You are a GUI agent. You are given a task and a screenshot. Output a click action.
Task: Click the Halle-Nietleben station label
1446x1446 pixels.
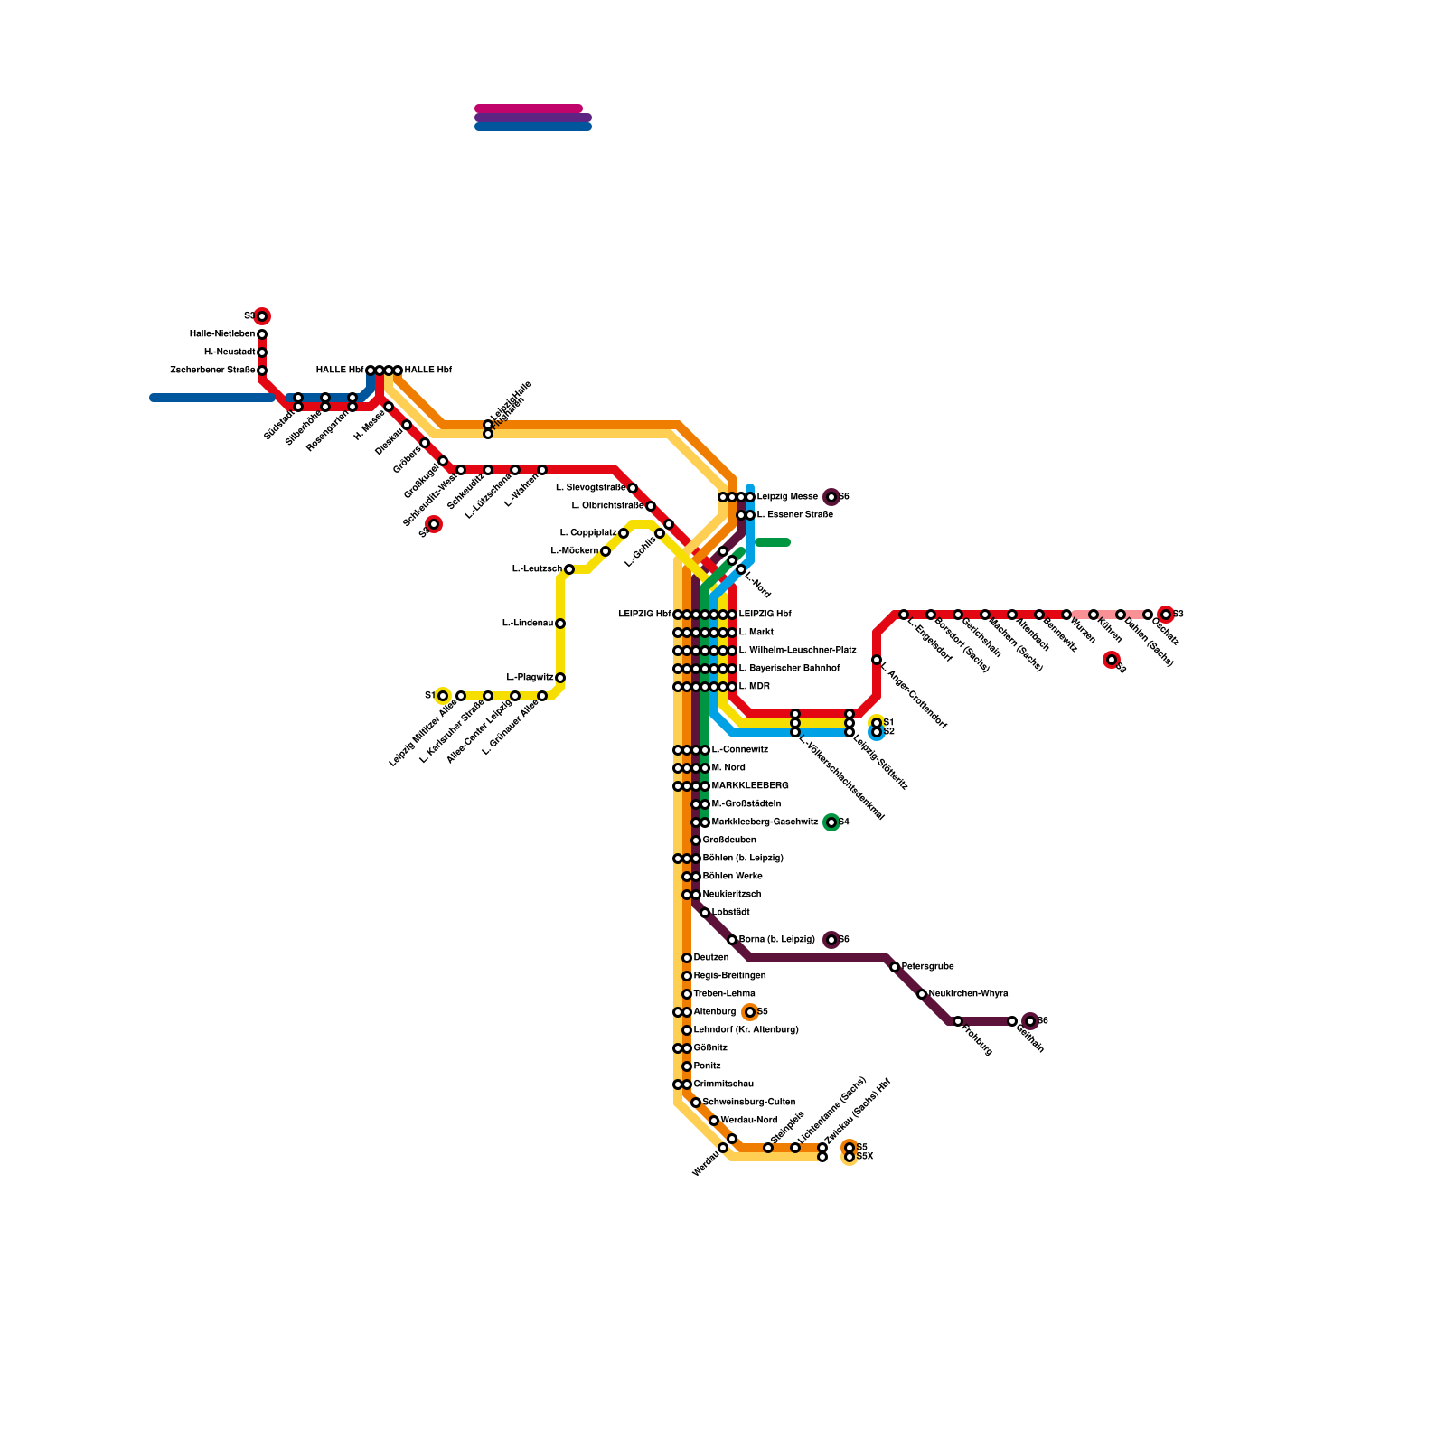[x=222, y=334]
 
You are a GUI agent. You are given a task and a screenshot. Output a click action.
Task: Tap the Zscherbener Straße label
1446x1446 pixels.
[x=212, y=371]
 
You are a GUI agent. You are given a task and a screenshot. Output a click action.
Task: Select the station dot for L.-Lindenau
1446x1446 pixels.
[x=560, y=624]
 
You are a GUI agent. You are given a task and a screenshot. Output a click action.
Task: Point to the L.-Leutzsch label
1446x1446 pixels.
[x=537, y=569]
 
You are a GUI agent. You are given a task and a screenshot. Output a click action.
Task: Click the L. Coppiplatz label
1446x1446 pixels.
[x=587, y=533]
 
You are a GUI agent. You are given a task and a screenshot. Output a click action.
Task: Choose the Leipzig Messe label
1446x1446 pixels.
[x=787, y=497]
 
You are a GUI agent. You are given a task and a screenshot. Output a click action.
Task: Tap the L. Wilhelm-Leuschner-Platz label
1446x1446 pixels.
[x=798, y=651]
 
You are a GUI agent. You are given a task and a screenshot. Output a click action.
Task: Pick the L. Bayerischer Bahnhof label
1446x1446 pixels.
[x=789, y=669]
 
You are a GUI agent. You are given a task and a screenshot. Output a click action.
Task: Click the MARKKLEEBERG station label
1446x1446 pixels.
[x=750, y=786]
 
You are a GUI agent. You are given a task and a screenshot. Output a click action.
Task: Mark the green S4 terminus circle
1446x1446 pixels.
[x=831, y=822]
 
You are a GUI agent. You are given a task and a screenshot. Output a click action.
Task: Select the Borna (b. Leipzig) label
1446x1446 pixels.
[x=777, y=940]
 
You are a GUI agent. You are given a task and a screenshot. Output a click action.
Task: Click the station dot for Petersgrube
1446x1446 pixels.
[x=895, y=967]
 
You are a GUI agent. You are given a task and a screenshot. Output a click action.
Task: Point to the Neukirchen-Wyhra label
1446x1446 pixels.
[x=968, y=994]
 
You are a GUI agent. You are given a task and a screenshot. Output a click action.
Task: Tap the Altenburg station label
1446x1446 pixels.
[x=715, y=1012]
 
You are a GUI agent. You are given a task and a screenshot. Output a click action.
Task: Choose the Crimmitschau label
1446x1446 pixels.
[x=724, y=1084]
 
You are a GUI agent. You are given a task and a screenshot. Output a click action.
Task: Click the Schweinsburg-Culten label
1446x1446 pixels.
[x=749, y=1103]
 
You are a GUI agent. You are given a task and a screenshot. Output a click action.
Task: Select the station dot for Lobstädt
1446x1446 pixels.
[x=705, y=913]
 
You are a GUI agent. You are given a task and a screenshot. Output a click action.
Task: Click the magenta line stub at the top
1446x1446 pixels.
[x=529, y=108]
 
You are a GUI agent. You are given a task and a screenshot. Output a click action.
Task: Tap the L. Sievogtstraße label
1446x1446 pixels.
[x=590, y=488]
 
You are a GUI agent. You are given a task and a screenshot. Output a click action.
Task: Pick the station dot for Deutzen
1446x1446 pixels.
[x=687, y=958]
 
